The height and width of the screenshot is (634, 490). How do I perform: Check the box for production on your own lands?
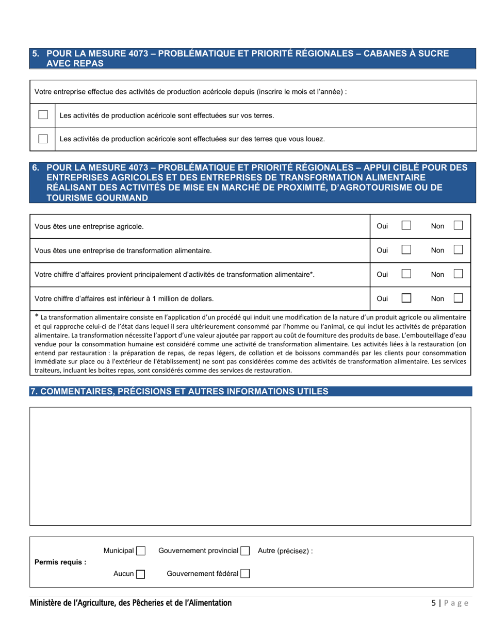[x=43, y=115]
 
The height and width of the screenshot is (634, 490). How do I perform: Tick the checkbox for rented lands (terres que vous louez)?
[x=43, y=139]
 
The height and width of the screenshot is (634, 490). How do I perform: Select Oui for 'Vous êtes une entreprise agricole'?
[x=406, y=226]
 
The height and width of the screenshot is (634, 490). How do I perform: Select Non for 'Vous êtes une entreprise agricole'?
[x=458, y=226]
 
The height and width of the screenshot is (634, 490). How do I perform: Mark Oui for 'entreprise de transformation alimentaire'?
[x=406, y=250]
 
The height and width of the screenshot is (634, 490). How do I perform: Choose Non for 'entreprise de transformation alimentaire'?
[x=458, y=250]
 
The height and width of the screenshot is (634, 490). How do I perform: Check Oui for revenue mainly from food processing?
[x=406, y=274]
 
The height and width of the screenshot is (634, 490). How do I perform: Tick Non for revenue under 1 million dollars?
[x=458, y=298]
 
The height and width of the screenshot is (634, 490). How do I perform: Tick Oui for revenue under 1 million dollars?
[x=406, y=298]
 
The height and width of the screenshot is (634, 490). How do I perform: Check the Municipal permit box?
[x=141, y=551]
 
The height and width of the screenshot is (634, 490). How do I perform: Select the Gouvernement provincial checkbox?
[x=246, y=551]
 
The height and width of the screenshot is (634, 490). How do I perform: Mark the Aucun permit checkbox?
[x=141, y=574]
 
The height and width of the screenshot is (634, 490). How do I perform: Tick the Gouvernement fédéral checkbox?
[x=246, y=573]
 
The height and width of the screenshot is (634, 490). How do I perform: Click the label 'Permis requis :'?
[x=60, y=562]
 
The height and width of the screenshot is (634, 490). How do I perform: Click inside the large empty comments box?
[x=250, y=466]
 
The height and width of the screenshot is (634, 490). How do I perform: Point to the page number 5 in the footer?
[x=434, y=604]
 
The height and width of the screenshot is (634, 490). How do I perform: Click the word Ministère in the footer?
[x=47, y=603]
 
